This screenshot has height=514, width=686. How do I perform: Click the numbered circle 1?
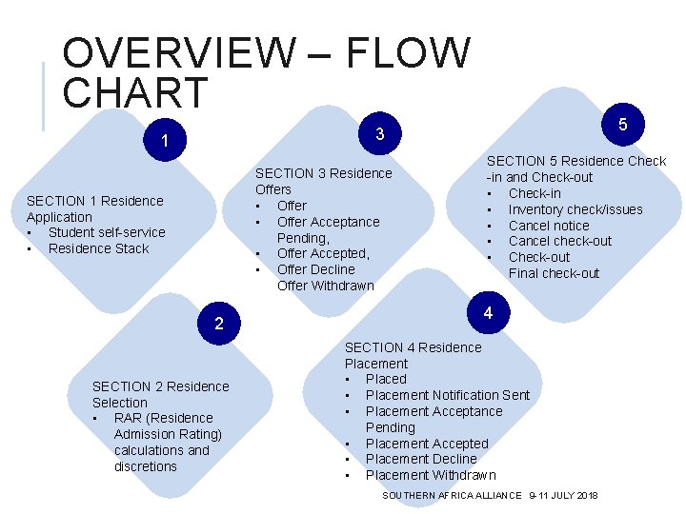point(165,141)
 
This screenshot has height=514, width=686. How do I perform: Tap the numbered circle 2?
point(219,324)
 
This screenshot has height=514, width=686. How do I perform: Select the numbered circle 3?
point(379,134)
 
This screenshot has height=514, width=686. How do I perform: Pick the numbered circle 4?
point(488,313)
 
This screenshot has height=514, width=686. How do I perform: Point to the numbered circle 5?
point(622,124)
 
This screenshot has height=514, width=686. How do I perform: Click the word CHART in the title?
point(134,92)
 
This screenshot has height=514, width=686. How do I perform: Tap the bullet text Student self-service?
point(107,232)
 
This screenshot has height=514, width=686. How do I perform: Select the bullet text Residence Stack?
point(99,248)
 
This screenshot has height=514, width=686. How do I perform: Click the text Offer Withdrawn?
point(325,286)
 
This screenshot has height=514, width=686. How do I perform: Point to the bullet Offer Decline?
point(315,269)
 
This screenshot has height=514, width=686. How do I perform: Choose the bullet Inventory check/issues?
point(575,209)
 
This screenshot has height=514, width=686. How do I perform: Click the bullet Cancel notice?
point(549,226)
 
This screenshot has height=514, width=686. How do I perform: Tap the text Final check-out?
point(554,273)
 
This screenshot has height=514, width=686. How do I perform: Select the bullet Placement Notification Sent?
point(448,395)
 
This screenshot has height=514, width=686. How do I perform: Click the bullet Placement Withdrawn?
point(431,475)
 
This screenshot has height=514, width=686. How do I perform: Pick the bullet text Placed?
point(386,379)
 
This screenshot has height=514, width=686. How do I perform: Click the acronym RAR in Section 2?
point(129,418)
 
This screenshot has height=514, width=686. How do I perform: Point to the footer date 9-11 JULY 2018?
point(564,496)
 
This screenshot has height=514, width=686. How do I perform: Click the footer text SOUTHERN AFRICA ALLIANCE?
point(452,496)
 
